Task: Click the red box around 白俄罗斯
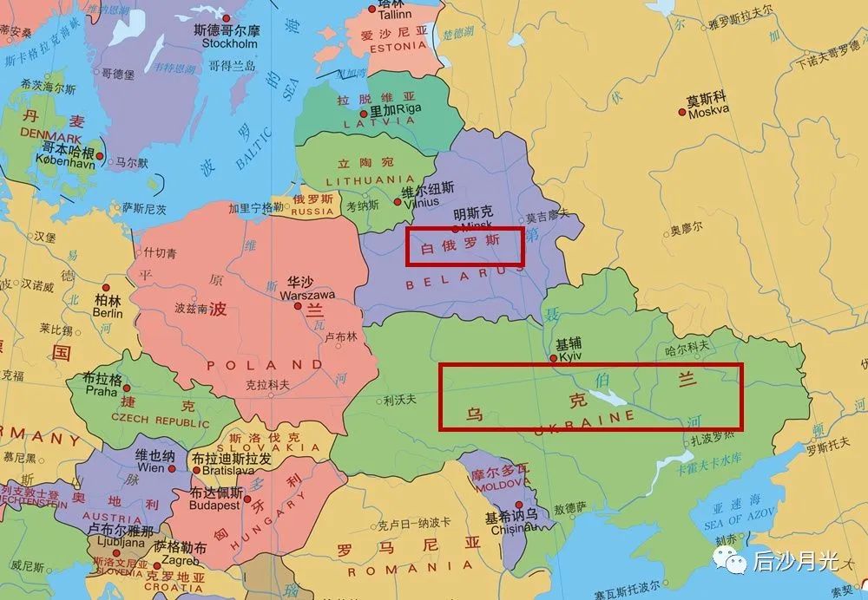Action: pos(466,247)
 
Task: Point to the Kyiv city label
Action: pos(570,356)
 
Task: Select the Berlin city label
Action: pos(108,312)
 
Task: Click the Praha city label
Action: pos(101,391)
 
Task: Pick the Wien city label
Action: pos(150,467)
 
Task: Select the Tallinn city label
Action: pos(393,15)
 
